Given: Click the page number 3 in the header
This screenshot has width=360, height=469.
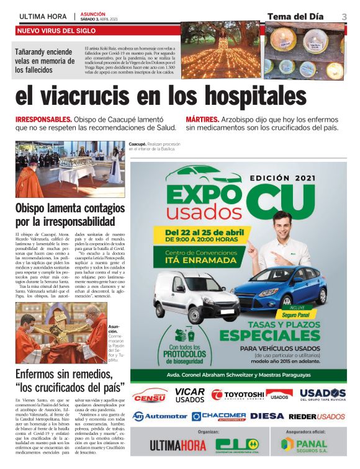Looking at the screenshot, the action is [344, 16].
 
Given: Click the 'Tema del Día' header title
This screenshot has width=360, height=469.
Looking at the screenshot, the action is [297, 16].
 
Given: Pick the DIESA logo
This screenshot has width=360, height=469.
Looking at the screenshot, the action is [267, 416].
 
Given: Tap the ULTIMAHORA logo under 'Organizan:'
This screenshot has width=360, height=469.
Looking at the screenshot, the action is [178, 446].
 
